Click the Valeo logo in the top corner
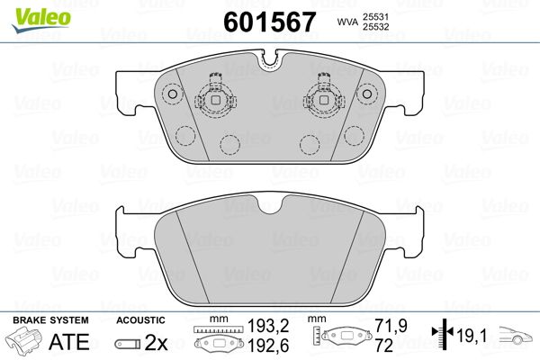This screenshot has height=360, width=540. pos(41,21)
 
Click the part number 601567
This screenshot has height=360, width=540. pos(269,22)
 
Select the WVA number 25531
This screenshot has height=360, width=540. pos(375,16)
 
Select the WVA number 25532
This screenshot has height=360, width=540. pos(375,27)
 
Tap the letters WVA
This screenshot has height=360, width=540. pos(347,22)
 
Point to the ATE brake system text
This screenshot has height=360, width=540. pos(69,342)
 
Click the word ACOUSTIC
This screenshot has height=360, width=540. pos(140,320)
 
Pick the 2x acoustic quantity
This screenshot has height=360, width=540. pos(156,342)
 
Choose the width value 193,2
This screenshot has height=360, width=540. pos(268,326)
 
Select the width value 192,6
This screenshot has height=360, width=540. pos(268,346)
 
